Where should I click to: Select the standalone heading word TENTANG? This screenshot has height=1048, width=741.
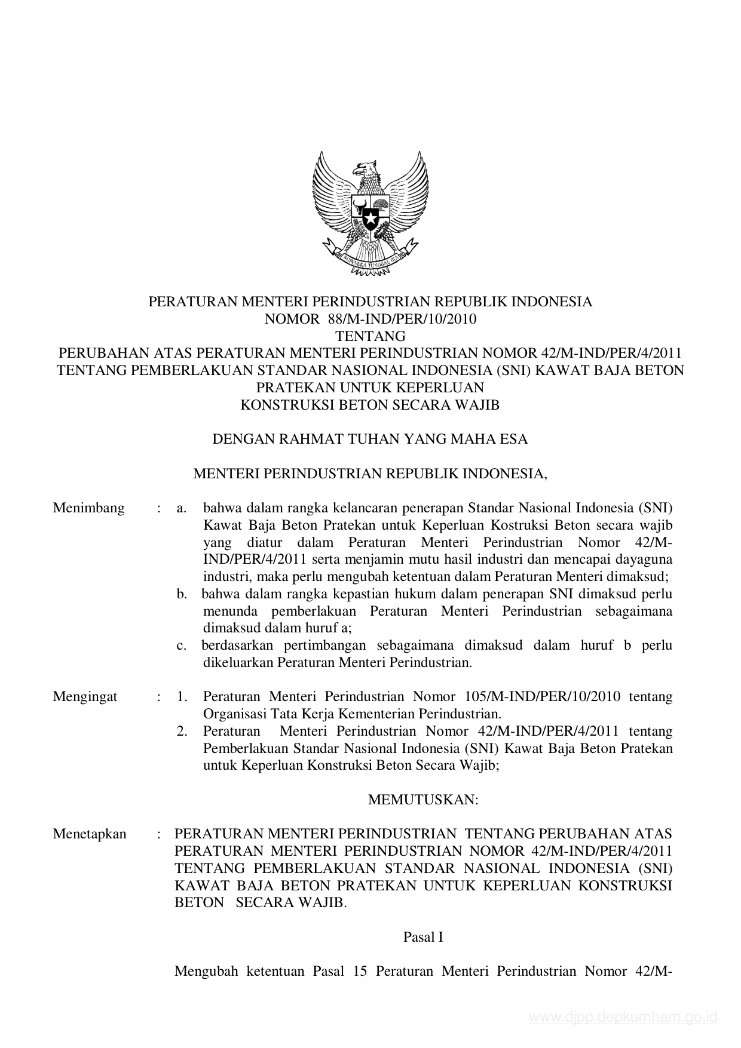[370, 336]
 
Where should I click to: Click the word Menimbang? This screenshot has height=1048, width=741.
[89, 508]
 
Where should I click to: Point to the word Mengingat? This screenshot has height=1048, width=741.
[85, 696]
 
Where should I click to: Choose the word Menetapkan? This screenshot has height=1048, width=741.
[90, 834]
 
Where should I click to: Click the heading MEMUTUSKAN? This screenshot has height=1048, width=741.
[423, 800]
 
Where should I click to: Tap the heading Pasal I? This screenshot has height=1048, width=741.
[423, 937]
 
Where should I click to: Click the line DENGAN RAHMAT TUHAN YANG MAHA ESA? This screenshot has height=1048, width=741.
[370, 440]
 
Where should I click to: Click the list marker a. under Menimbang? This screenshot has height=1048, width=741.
[182, 508]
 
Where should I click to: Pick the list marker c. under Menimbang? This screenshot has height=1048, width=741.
[182, 646]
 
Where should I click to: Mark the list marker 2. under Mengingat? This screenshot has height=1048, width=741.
[182, 731]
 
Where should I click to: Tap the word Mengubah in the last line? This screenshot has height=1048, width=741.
[206, 971]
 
